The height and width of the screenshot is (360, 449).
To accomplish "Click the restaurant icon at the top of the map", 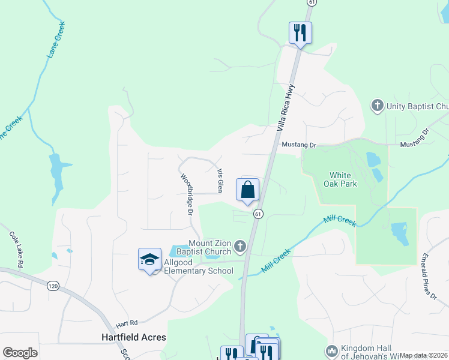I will [300, 32].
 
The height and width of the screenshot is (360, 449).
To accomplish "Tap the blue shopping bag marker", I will [248, 190].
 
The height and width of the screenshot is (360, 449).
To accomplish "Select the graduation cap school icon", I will [149, 259].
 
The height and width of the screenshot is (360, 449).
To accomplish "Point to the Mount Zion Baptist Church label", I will [210, 247].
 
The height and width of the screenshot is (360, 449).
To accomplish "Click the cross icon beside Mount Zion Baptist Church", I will [240, 245].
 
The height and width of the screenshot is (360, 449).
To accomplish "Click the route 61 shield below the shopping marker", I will [258, 214].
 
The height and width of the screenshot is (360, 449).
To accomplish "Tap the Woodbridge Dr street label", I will [186, 195].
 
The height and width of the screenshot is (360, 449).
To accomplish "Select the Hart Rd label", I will [127, 322].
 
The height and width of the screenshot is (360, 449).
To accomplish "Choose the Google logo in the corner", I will [20, 353].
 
